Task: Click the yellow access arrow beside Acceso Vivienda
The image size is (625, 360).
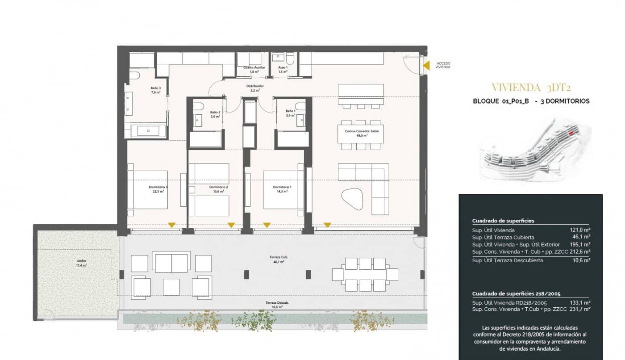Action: point(426,66)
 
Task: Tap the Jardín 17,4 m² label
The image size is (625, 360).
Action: point(81,263)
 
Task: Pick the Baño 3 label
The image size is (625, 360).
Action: point(155,90)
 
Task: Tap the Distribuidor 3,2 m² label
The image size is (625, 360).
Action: point(255,88)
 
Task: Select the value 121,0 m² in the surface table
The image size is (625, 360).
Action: point(580,230)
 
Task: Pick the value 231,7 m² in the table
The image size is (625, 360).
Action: point(580,309)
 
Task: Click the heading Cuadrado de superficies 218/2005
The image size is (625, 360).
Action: point(516,294)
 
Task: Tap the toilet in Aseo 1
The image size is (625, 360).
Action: point(290,59)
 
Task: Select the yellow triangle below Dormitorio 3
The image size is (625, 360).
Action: point(171,225)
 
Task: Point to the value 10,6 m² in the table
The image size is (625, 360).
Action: point(582,260)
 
